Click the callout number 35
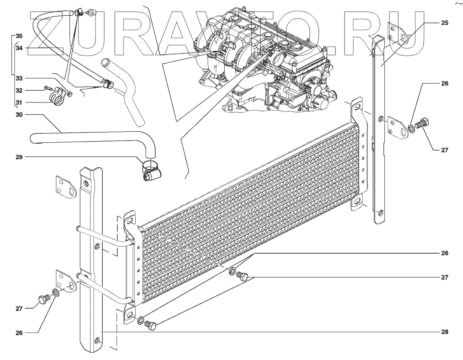tap(19, 36)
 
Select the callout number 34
tap(19, 48)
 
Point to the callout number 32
tap(19, 90)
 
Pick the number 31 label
tap(19, 103)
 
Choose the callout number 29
tap(19, 157)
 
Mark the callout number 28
tap(444, 332)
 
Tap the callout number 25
tap(444, 23)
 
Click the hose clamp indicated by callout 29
tap(150, 171)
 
